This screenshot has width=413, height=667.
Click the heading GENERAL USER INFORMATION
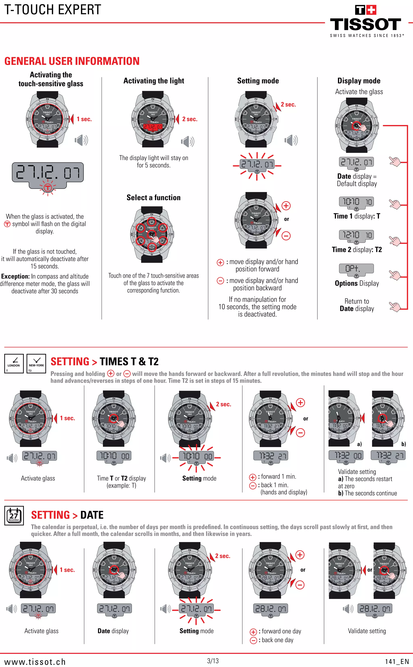72,61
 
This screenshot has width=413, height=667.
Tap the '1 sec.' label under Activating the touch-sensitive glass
84,119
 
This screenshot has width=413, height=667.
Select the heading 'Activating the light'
154,81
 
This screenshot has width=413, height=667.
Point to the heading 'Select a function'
153,197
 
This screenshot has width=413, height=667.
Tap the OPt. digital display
356,269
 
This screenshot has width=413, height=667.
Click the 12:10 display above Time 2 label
356,235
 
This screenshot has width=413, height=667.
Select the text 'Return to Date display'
357,305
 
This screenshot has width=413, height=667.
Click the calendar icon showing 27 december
14,515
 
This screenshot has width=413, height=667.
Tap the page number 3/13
213,661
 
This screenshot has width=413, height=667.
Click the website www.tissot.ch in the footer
35,662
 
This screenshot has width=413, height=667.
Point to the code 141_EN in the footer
397,662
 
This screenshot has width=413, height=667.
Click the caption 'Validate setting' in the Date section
367,631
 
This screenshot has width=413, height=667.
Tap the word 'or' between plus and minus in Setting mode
287,219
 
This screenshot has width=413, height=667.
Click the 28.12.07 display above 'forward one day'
270,609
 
